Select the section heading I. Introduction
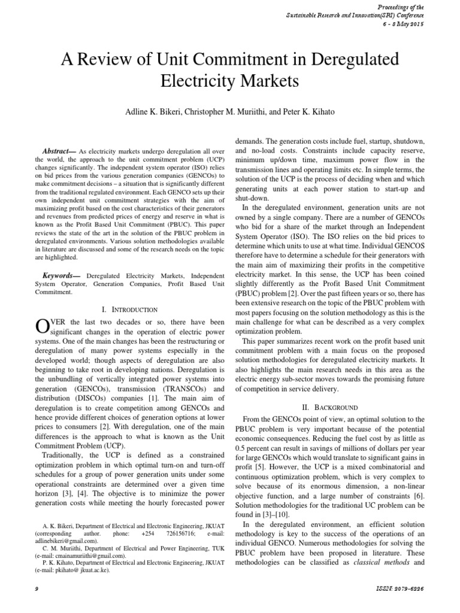130,309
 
